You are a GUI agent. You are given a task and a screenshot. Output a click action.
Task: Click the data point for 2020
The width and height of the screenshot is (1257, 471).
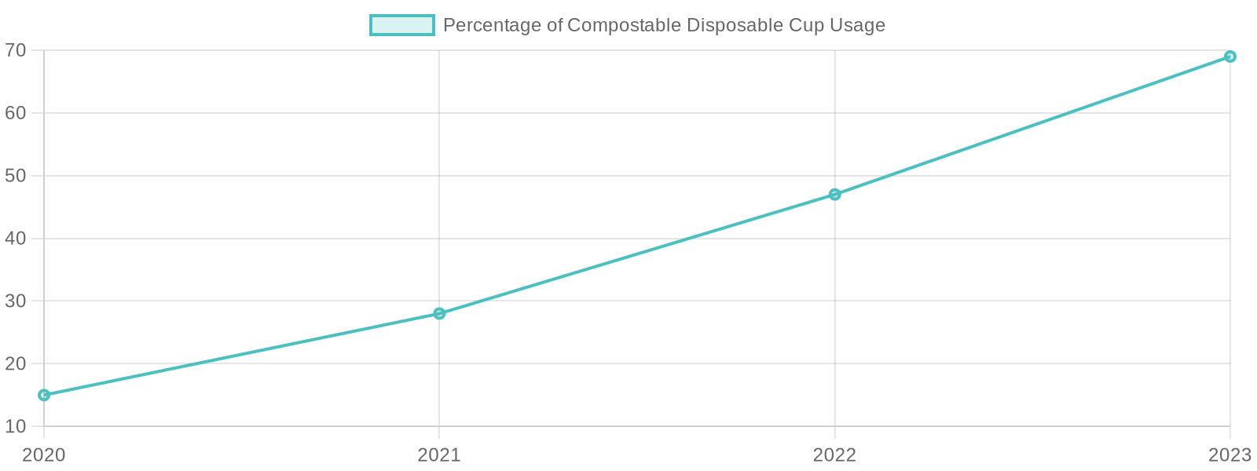pos(44,395)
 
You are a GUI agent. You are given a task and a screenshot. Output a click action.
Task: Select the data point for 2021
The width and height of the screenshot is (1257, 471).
pos(439,313)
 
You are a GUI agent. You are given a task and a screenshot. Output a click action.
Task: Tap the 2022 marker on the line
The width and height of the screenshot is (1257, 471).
pos(835,194)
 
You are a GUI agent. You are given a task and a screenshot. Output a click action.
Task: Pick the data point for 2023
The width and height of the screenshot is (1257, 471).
pos(1230,57)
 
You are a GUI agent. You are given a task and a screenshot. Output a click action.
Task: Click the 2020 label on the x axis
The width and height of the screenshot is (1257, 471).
pos(44,455)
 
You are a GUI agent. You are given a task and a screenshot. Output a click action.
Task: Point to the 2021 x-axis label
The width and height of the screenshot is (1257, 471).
pos(439,455)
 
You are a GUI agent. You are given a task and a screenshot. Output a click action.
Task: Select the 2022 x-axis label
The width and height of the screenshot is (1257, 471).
pos(835,455)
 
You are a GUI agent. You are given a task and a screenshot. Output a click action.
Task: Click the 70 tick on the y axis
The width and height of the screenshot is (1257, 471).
pos(16,50)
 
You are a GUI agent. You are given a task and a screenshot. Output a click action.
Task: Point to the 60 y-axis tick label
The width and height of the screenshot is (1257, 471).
pos(16,113)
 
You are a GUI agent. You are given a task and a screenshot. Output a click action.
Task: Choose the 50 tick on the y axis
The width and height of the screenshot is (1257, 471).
pos(16,176)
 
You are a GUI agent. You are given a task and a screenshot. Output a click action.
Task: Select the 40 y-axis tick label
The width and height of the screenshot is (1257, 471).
pos(16,238)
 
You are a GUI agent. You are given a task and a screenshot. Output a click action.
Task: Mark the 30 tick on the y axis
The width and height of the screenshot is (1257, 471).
pos(16,301)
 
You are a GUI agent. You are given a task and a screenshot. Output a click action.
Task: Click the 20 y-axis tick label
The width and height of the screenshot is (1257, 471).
pos(16,363)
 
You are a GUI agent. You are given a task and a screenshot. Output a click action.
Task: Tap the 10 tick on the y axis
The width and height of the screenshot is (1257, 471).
pos(16,426)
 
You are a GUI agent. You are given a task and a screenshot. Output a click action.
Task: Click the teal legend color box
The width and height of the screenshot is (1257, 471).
pos(402,25)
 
